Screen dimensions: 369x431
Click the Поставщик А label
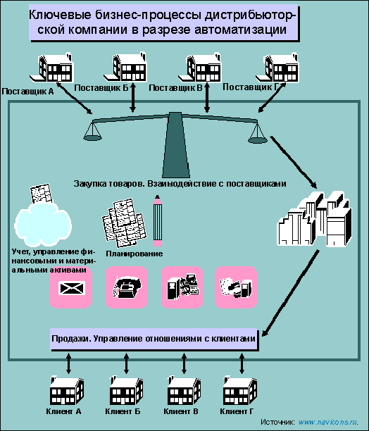(27, 92)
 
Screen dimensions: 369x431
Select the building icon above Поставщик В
(199, 68)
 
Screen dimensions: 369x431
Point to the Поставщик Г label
(251, 87)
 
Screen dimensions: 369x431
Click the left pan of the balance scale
(92, 137)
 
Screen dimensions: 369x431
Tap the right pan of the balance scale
(258, 139)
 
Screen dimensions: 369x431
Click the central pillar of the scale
(175, 145)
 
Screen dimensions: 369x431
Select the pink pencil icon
(158, 220)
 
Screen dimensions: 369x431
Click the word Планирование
(135, 254)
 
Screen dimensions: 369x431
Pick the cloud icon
(43, 224)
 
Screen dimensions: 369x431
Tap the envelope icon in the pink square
(71, 288)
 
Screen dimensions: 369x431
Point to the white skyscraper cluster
(315, 218)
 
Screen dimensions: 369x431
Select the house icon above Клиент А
(66, 390)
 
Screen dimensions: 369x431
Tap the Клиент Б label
(123, 411)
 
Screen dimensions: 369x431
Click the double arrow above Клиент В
(184, 363)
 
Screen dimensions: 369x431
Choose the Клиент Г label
(237, 411)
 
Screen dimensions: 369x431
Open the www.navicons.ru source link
(329, 422)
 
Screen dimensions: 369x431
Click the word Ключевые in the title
(60, 15)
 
